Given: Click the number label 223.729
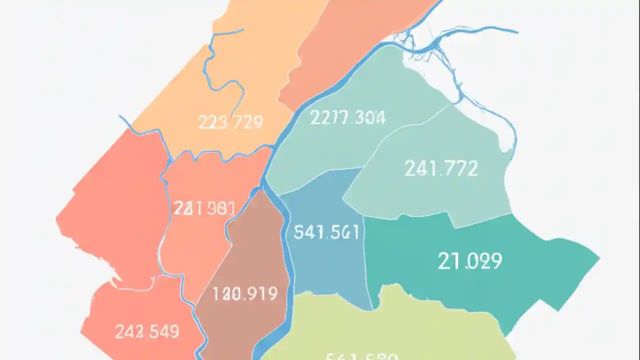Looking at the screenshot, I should [x=230, y=122].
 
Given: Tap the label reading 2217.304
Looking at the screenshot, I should [x=347, y=117].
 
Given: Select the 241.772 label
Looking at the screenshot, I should [x=441, y=168].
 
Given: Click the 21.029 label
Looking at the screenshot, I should [x=469, y=260].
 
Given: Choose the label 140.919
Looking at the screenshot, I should [x=245, y=293].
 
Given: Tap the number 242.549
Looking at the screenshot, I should [x=147, y=331].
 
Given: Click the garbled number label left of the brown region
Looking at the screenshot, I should [x=204, y=208].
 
